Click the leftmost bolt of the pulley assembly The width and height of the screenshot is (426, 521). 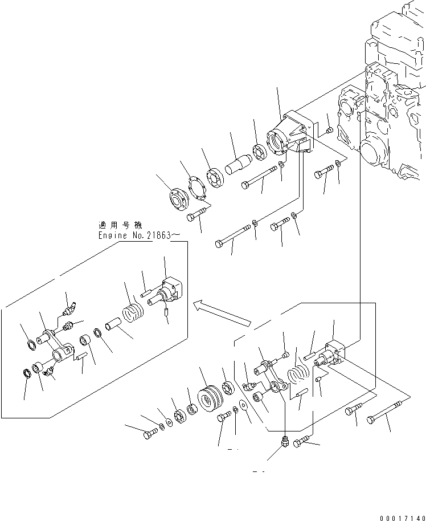pos(149,434)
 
